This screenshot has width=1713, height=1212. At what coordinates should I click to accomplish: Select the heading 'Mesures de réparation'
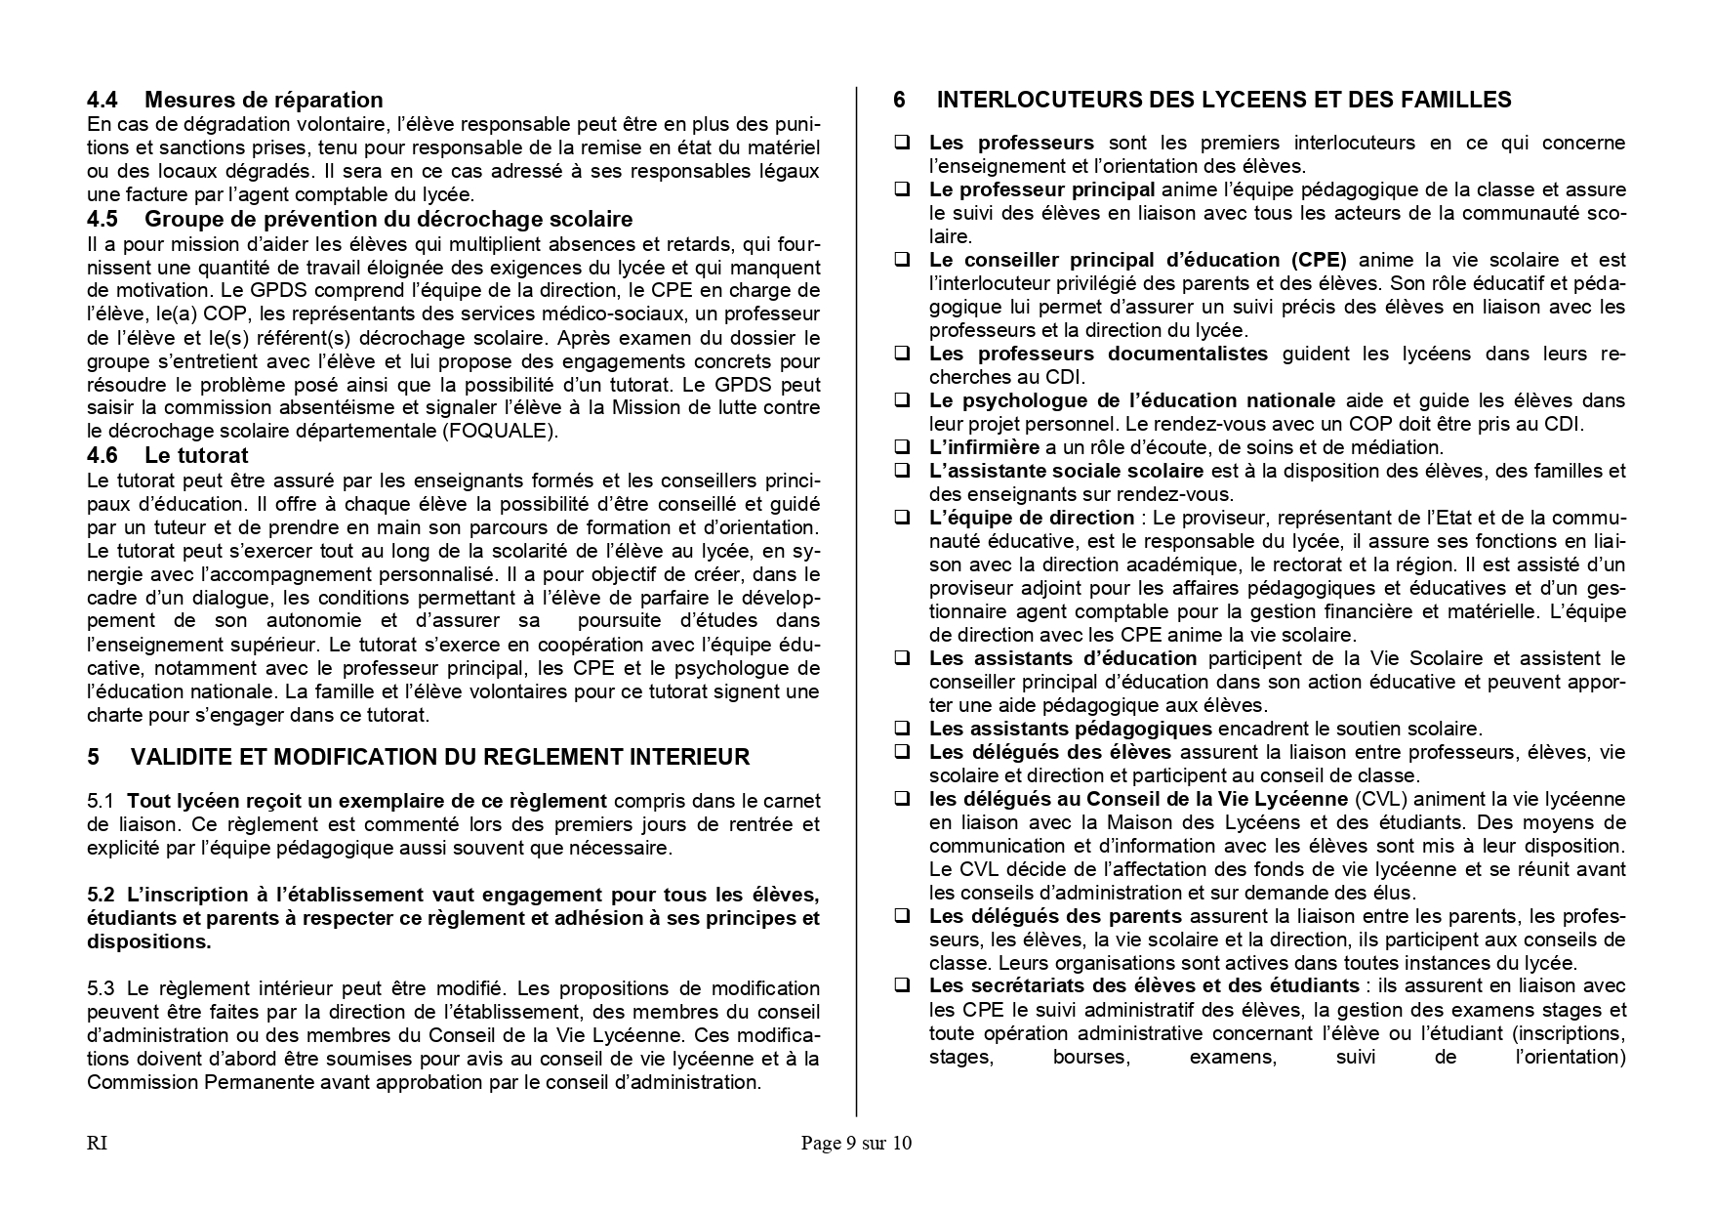click(x=264, y=100)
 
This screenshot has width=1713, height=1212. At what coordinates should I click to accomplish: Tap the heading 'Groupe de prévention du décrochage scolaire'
click(x=388, y=219)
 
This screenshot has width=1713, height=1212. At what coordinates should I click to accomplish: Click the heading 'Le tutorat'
click(x=196, y=455)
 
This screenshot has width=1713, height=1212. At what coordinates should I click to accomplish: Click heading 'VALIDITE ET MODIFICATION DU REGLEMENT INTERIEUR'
click(x=439, y=757)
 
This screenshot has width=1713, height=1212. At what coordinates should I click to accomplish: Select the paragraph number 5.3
click(x=101, y=988)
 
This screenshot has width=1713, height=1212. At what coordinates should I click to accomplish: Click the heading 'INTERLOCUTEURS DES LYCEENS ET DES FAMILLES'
click(x=1224, y=100)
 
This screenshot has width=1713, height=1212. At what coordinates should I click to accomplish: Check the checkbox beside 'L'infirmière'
click(x=903, y=447)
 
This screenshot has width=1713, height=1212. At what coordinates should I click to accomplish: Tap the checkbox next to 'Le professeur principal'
click(x=903, y=189)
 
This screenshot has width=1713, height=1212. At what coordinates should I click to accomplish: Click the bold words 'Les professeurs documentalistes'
click(x=1098, y=354)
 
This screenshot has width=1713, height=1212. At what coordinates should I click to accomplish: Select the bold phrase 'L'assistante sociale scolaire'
click(x=1066, y=471)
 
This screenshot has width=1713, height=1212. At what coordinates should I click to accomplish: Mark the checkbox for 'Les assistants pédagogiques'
click(x=903, y=729)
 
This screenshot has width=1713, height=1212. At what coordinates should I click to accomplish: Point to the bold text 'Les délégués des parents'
click(x=1055, y=916)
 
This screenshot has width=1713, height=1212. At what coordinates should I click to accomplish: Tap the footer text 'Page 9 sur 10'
click(x=856, y=1143)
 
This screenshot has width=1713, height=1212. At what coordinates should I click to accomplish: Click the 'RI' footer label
click(x=97, y=1143)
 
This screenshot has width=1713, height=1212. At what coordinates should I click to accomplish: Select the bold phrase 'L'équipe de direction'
click(x=1032, y=518)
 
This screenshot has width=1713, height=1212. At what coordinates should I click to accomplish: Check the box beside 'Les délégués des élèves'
click(x=903, y=752)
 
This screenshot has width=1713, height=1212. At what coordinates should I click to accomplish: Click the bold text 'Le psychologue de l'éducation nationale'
click(x=1132, y=400)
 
